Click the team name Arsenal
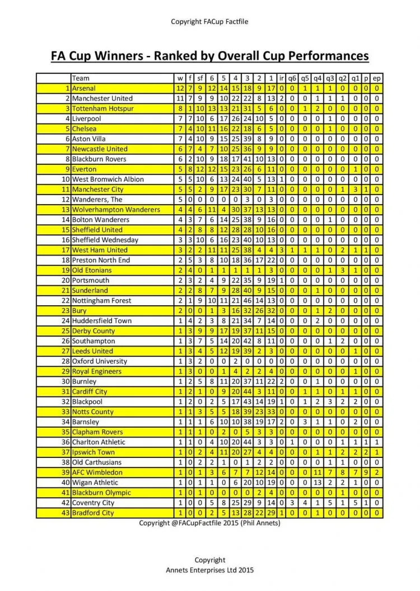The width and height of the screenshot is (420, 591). (84, 88)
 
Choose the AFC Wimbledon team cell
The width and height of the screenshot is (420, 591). (97, 472)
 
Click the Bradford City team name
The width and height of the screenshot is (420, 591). (93, 513)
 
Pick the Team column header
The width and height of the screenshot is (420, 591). (81, 78)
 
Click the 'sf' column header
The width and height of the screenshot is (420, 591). (200, 78)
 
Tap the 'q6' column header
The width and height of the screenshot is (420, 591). (292, 78)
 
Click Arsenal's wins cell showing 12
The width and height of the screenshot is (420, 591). (180, 88)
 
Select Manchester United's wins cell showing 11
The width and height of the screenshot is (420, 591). (180, 98)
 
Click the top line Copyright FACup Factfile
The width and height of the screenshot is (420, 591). (209, 22)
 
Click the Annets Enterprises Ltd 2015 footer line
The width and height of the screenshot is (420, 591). (209, 570)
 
